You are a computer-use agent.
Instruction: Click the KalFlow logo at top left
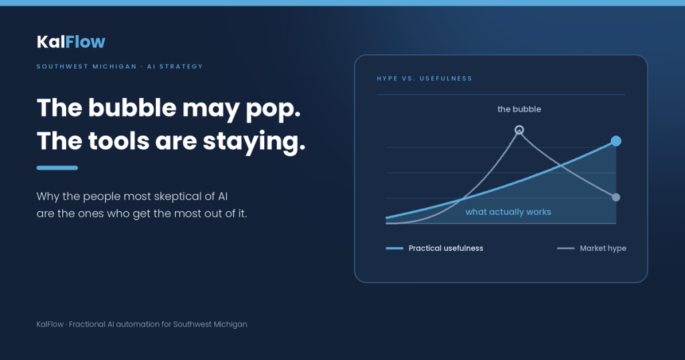coord(71,42)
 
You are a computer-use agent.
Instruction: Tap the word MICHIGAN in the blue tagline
coord(114,66)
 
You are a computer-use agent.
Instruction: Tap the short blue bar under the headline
coord(58,168)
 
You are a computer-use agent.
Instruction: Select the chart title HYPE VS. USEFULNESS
coord(425,79)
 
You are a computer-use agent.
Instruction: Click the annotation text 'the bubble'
coord(519,109)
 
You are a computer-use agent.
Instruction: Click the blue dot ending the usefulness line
coord(616,141)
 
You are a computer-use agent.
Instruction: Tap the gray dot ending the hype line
coord(616,197)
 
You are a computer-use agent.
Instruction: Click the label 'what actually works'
coord(508,212)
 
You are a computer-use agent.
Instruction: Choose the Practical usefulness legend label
coord(446,248)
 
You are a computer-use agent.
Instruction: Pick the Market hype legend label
coord(603,248)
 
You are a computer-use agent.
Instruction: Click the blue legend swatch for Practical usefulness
coord(395,248)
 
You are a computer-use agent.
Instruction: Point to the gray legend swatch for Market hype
coord(566,248)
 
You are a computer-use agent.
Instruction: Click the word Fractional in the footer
coord(87,324)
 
